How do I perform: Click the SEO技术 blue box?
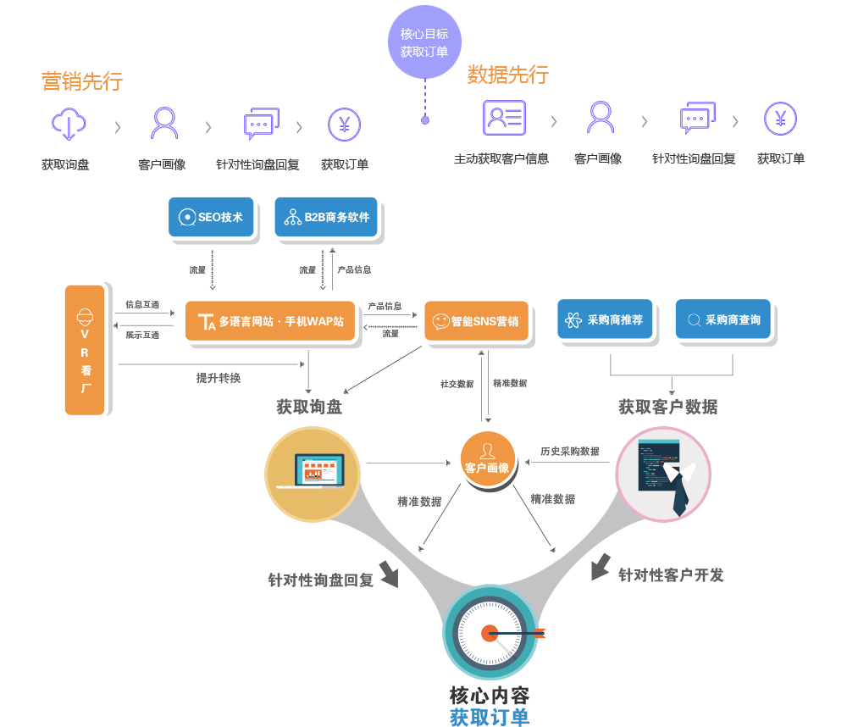(212, 218)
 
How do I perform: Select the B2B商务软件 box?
(327, 218)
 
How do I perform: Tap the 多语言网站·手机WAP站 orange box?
(269, 322)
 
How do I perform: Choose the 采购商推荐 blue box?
(605, 320)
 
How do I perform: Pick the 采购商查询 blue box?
(723, 320)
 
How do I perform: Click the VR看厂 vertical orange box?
(85, 351)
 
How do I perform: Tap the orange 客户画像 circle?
(487, 458)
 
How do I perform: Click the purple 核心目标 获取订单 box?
(424, 42)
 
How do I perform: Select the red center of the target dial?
(490, 632)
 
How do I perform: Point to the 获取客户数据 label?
(667, 407)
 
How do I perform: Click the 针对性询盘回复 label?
(320, 581)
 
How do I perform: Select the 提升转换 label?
(219, 378)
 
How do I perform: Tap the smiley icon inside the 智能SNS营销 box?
(440, 322)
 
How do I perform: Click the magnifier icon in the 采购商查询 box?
(694, 320)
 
